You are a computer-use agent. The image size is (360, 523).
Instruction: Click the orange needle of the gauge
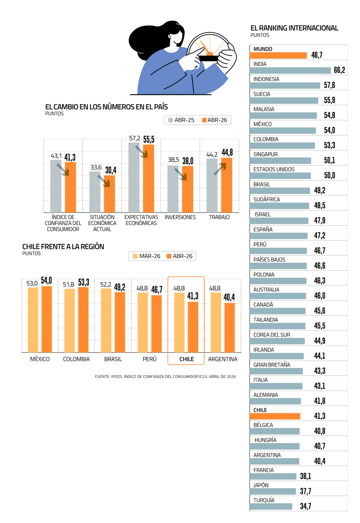click(204, 47)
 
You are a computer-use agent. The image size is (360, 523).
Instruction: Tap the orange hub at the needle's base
click(210, 54)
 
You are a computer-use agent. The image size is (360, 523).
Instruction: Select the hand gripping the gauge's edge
click(226, 57)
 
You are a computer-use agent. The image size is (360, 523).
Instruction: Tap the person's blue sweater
click(163, 76)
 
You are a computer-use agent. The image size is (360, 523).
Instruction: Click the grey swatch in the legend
click(171, 120)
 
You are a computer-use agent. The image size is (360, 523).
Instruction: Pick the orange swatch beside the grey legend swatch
click(204, 120)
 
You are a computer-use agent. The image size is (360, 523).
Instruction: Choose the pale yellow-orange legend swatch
click(135, 256)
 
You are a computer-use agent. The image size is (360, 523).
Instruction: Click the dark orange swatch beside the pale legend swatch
click(169, 256)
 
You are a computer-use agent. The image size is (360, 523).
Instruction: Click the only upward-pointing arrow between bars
click(220, 169)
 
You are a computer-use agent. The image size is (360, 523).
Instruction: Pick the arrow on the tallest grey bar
click(142, 151)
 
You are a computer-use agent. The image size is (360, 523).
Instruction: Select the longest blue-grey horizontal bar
click(290, 71)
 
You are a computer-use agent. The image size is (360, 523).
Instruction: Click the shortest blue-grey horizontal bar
click(271, 506)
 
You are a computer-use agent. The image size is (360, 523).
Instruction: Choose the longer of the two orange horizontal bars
click(278, 56)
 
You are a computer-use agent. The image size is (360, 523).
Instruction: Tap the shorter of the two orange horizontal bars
click(275, 416)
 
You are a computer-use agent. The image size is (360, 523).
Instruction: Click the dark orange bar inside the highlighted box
click(193, 327)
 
